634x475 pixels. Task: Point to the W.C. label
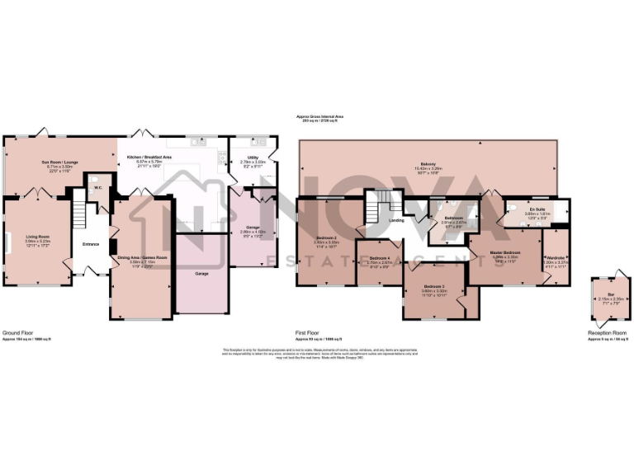coord(97,187)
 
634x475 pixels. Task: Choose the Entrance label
coord(91,243)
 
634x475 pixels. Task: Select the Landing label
coord(396,219)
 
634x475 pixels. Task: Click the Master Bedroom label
coord(504,252)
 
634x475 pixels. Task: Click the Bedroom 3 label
coord(434,286)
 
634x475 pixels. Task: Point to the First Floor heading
coord(307,332)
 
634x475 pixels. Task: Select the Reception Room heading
coord(607,332)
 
